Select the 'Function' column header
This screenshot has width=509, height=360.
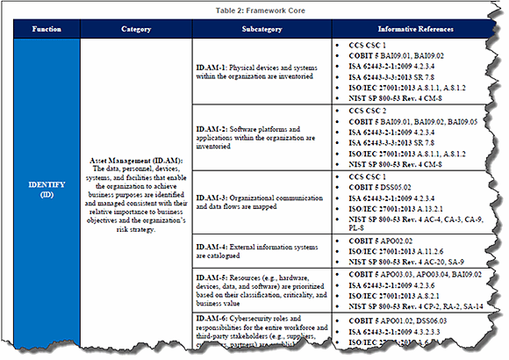(47, 29)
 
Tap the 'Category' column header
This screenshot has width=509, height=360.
(135, 29)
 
